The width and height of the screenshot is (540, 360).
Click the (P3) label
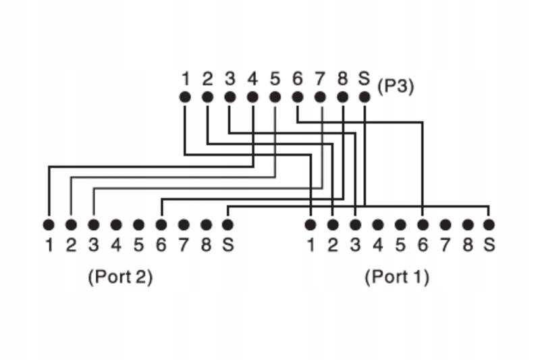click(x=396, y=86)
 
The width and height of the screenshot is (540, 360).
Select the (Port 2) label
click(x=120, y=277)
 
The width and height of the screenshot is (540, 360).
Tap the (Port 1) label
click(x=397, y=277)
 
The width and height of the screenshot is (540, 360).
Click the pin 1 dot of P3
click(x=185, y=97)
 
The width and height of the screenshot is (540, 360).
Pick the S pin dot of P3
click(x=364, y=97)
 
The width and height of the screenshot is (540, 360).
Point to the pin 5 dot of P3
click(x=275, y=97)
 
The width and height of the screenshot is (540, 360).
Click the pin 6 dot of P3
click(x=297, y=97)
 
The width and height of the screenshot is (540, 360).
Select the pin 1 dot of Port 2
click(x=49, y=224)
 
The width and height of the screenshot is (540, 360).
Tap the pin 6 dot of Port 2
click(x=161, y=224)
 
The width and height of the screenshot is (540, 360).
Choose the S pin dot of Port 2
click(x=228, y=224)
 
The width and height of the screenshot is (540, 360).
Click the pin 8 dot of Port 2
click(x=207, y=224)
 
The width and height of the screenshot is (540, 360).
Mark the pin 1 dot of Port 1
click(x=310, y=224)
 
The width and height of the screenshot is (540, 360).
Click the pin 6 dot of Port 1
click(x=423, y=224)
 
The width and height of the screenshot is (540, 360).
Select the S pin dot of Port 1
click(x=489, y=224)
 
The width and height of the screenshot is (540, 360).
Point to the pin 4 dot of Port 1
click(x=378, y=224)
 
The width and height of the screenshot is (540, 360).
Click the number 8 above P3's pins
click(x=342, y=79)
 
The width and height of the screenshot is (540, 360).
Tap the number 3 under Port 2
click(x=93, y=245)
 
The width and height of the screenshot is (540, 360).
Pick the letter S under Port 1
click(x=489, y=245)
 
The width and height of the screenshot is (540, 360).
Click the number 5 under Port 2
click(x=138, y=245)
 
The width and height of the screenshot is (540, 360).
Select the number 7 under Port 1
click(x=445, y=245)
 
